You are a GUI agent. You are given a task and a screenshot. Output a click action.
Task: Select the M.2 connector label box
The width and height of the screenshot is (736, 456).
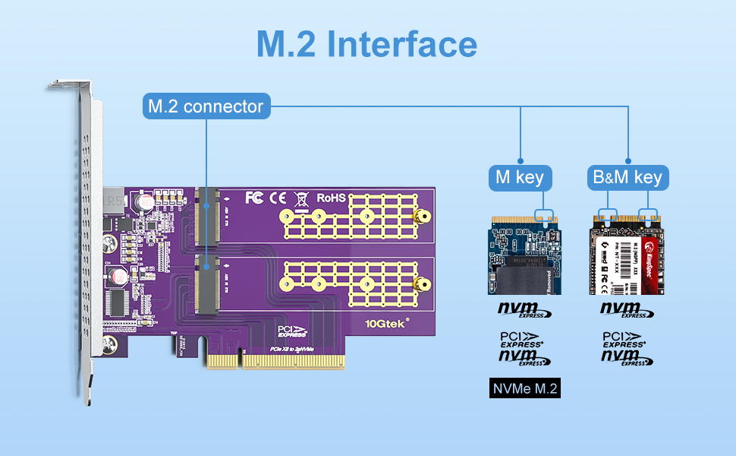(x=206, y=106)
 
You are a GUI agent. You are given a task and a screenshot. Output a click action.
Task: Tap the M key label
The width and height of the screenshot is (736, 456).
(x=520, y=179)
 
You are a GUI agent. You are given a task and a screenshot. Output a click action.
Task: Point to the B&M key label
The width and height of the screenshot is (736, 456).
(x=627, y=179)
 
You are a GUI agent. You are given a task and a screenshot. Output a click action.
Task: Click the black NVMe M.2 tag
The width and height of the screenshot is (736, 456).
(x=525, y=390)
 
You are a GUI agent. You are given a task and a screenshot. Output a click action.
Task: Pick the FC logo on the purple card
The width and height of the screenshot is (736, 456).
(x=255, y=198)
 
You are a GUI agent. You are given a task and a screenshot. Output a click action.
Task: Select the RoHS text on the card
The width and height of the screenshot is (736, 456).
(x=332, y=198)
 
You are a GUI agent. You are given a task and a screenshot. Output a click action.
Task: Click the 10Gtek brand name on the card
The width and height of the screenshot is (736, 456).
(x=386, y=322)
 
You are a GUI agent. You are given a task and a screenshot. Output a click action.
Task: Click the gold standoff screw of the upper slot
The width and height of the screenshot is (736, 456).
(x=417, y=218)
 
